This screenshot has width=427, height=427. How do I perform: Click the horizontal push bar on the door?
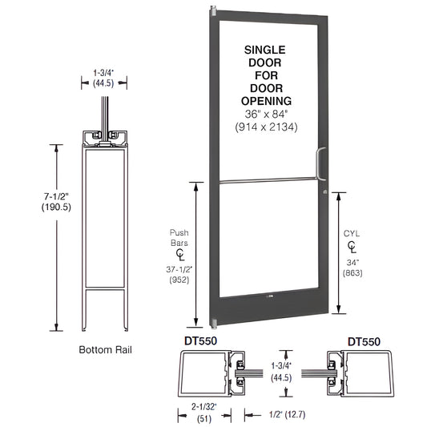pos(265,182)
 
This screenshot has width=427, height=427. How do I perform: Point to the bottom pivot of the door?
pos(214,324)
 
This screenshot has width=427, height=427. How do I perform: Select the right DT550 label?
pos(364,340)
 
